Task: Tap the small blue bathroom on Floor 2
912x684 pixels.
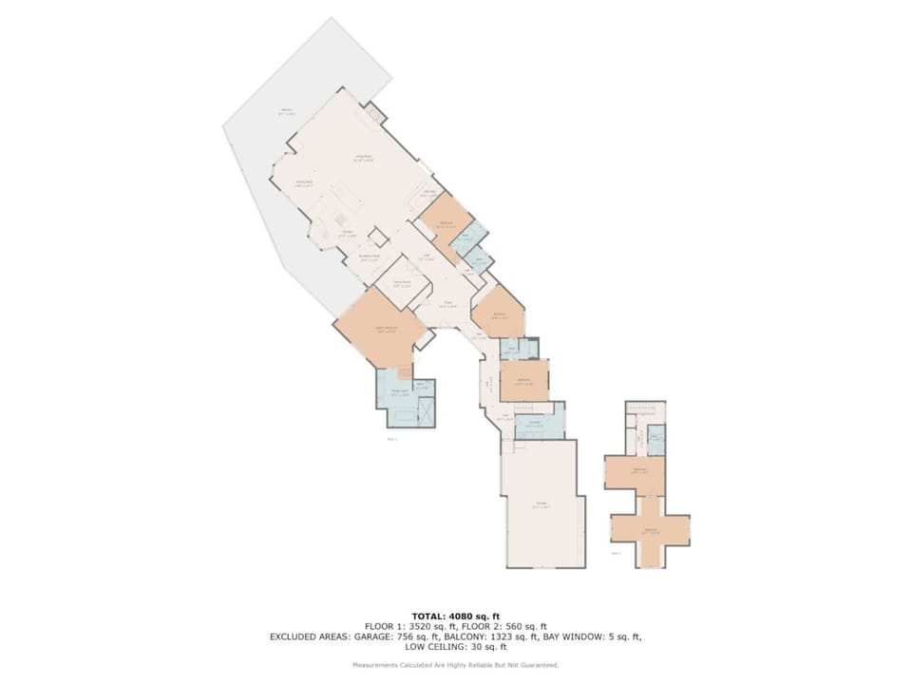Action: [x=655, y=438]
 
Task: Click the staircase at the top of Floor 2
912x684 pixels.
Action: [x=645, y=409]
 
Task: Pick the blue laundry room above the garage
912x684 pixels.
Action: [x=538, y=422]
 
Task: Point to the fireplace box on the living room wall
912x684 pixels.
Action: [x=375, y=115]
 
